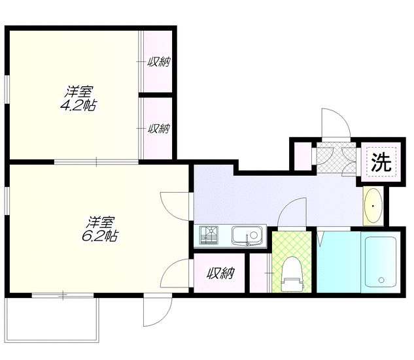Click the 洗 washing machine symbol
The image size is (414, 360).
(x=379, y=162)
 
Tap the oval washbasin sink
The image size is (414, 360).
(x=373, y=206)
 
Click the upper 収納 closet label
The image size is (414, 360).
(x=158, y=63)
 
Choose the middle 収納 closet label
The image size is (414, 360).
(x=158, y=129)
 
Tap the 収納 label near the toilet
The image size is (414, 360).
(x=219, y=273)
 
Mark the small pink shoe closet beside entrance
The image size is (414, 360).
(x=302, y=156)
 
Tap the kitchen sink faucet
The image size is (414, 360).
(x=248, y=242)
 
